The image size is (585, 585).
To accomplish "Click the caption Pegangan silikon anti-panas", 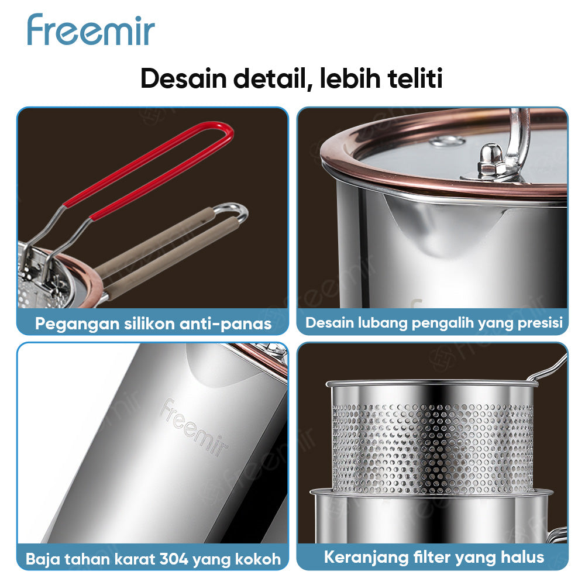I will (153, 324).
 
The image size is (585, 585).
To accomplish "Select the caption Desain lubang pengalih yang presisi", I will (433, 322).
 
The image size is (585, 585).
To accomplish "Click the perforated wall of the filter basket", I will (433, 445).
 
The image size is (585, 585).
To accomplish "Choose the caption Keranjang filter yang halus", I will (433, 557).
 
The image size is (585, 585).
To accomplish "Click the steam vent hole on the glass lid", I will (448, 141).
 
